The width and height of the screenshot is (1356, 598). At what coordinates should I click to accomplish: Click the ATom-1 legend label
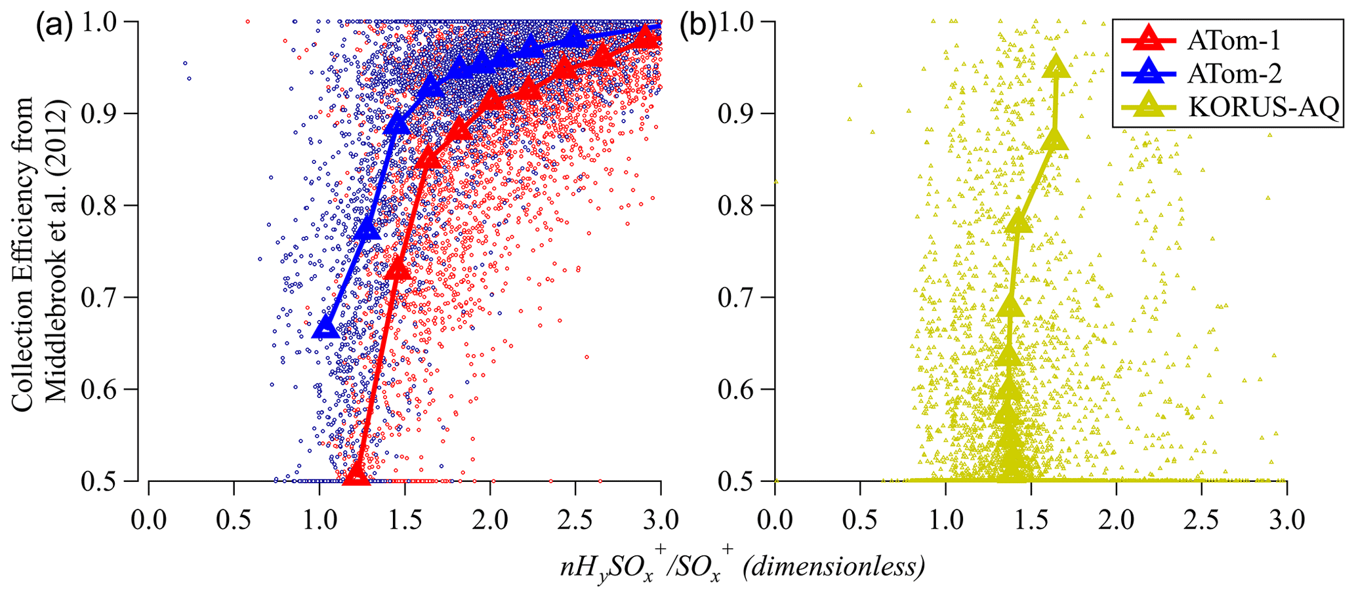coord(1233,41)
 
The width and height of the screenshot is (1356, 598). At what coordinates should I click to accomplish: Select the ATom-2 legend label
coord(1234,73)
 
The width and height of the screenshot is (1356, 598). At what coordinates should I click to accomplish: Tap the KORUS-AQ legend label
coord(1263,106)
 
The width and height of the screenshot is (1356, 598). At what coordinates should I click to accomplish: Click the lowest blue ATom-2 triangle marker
coord(325,327)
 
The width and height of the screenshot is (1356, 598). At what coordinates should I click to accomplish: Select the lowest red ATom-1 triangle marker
coord(357,474)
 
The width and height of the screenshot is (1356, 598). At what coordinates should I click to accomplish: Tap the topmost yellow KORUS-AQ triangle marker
coord(1056,66)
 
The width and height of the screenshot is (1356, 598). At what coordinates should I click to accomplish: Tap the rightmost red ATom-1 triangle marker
coord(646,37)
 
